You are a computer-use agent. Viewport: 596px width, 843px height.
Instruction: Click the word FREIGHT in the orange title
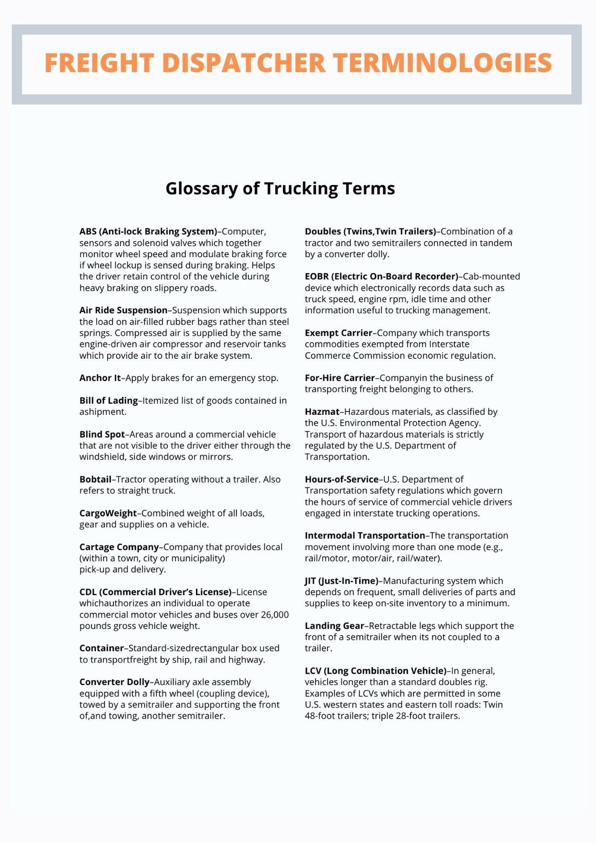tap(99, 63)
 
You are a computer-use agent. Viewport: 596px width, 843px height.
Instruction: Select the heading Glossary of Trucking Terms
tap(280, 188)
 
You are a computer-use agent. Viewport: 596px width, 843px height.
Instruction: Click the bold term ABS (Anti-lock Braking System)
tap(148, 231)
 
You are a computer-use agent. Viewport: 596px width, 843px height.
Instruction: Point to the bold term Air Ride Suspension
tap(123, 310)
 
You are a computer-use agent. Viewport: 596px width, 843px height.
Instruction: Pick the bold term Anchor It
tap(100, 378)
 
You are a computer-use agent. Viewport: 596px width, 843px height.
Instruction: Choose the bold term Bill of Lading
tap(108, 401)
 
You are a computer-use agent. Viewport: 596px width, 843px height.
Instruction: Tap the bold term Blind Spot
tap(102, 434)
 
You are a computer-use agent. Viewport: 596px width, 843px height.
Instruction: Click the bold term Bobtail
tap(95, 479)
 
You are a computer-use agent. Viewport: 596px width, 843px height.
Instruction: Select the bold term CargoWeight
tap(108, 513)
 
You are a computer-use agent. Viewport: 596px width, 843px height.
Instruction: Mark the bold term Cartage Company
tap(119, 547)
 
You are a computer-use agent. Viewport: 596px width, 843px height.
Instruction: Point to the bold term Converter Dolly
tap(114, 682)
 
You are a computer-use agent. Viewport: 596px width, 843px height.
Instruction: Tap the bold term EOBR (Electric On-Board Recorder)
tap(381, 276)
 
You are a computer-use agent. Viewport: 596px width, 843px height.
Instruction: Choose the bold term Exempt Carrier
tap(338, 333)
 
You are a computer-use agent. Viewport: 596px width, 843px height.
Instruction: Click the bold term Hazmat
tap(322, 412)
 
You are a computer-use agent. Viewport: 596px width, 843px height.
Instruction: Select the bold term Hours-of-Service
tap(341, 479)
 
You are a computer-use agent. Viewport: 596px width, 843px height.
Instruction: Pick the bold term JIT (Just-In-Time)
tap(341, 580)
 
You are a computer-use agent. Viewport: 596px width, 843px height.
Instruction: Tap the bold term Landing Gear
tap(335, 625)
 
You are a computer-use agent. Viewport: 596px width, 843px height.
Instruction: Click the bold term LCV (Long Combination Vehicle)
tap(375, 670)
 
